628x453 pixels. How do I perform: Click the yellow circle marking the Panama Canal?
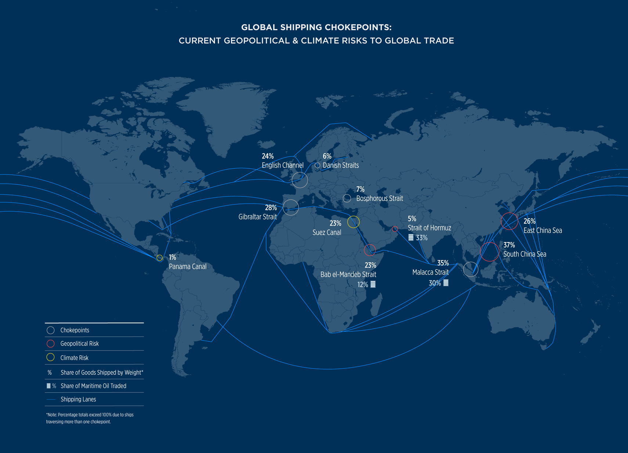(159, 258)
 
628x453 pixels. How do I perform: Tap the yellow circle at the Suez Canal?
(353, 222)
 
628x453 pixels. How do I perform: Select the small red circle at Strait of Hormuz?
(395, 229)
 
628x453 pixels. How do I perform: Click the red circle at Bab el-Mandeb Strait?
(370, 250)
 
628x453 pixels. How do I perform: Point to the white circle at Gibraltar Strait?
(290, 208)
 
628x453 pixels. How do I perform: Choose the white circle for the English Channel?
(300, 180)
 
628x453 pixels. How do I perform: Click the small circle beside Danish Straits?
(317, 165)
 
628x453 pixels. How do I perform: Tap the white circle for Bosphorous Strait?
(347, 198)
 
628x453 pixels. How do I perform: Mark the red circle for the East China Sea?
(509, 221)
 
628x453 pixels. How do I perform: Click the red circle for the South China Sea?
(490, 252)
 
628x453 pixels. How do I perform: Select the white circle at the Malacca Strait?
(470, 269)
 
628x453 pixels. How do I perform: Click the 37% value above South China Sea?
(509, 245)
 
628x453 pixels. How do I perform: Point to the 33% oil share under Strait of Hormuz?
(422, 238)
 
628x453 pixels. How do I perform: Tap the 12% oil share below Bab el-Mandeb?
(363, 284)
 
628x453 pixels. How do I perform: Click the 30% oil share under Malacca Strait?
(435, 283)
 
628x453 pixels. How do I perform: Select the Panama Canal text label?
(187, 267)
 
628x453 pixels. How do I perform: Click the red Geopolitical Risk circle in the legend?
(51, 344)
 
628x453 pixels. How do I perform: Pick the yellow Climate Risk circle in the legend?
(51, 357)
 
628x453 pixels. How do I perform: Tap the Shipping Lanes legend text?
(78, 399)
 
